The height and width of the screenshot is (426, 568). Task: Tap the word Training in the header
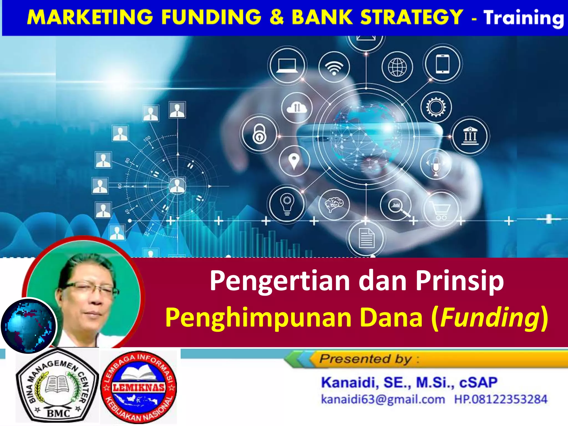pyautogui.click(x=524, y=18)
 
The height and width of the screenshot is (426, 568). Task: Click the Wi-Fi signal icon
pyautogui.click(x=334, y=67)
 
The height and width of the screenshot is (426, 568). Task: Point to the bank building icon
pyautogui.click(x=470, y=136)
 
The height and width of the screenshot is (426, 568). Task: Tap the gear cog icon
pyautogui.click(x=436, y=107)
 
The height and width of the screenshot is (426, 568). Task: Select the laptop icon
pyautogui.click(x=287, y=66)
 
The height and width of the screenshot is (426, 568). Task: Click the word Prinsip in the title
pyautogui.click(x=459, y=281)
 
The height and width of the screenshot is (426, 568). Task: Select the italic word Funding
pyautogui.click(x=490, y=318)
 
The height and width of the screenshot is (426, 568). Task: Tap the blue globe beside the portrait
pyautogui.click(x=29, y=325)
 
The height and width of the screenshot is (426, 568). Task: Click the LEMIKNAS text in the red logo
pyautogui.click(x=138, y=387)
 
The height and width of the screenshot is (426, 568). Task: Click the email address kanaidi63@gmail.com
pyautogui.click(x=383, y=399)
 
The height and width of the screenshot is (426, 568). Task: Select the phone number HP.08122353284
pyautogui.click(x=501, y=399)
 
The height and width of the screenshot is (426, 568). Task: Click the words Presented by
pyautogui.click(x=366, y=359)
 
